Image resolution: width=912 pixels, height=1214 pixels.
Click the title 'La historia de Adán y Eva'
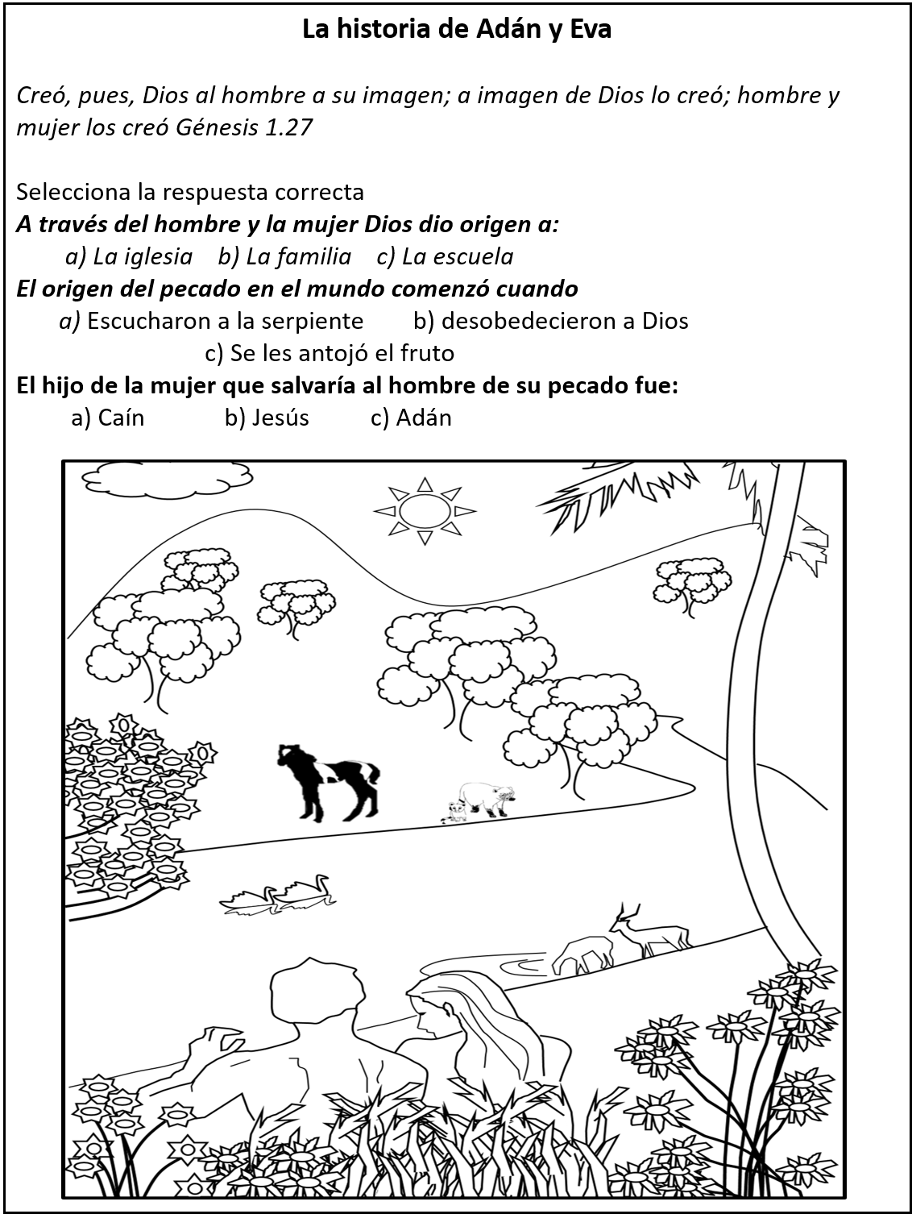click(456, 30)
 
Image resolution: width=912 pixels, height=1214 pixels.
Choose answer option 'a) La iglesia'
click(129, 256)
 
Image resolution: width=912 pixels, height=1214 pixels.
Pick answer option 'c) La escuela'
click(445, 256)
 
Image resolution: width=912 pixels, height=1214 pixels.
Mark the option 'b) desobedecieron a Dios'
click(551, 321)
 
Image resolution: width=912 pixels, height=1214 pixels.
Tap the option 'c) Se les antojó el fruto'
click(330, 353)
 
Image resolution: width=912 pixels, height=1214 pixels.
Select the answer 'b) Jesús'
click(267, 418)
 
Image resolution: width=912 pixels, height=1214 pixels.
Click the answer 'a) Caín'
click(108, 418)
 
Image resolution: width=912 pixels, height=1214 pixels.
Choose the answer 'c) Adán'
click(411, 418)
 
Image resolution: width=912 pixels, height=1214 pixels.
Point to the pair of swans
click(279, 892)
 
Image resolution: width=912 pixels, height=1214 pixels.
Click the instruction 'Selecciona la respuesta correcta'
click(190, 192)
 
